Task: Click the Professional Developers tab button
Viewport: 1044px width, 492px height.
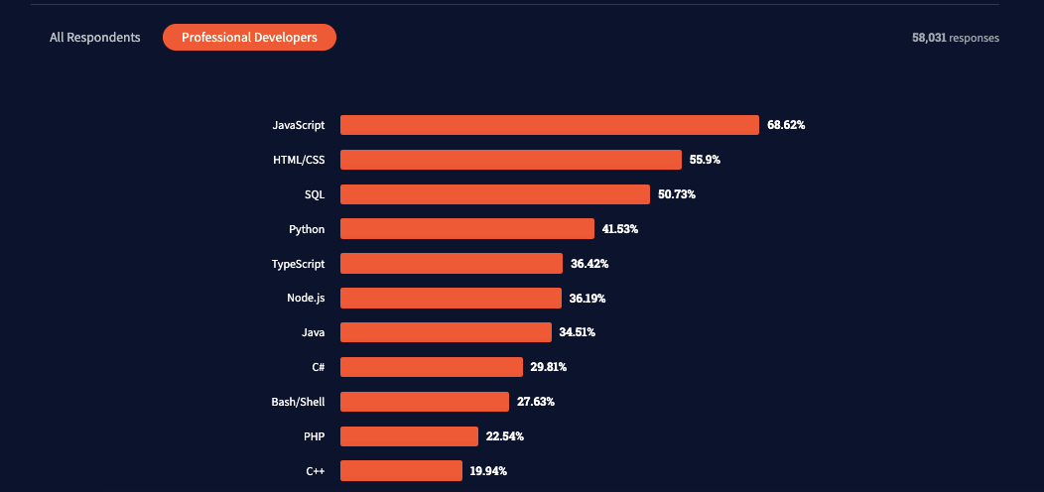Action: click(x=249, y=38)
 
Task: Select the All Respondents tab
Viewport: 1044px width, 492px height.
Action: click(x=95, y=38)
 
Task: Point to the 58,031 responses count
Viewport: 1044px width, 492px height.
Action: click(x=955, y=38)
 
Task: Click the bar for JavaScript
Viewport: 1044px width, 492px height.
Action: click(x=550, y=125)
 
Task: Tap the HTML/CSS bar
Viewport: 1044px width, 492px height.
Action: click(x=511, y=160)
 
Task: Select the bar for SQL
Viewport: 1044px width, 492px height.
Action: click(x=495, y=194)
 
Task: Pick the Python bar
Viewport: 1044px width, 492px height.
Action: click(x=467, y=229)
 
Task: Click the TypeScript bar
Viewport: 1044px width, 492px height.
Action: click(x=452, y=264)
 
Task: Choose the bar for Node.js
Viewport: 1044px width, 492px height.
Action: click(x=451, y=298)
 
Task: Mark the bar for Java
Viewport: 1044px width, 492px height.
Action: click(x=446, y=332)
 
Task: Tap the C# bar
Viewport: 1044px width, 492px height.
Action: click(x=432, y=367)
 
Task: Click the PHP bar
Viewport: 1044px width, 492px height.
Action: click(x=409, y=436)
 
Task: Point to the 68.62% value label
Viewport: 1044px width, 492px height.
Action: click(x=786, y=125)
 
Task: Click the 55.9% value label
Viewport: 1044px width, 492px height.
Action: click(x=706, y=160)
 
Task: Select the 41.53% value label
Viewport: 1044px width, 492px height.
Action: click(x=619, y=229)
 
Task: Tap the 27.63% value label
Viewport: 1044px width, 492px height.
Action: click(x=536, y=402)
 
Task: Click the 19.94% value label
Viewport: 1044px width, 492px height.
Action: click(x=488, y=471)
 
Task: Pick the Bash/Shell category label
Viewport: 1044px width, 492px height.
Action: click(x=298, y=402)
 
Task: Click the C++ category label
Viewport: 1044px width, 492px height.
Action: click(x=316, y=471)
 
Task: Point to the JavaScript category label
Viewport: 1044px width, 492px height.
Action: click(x=299, y=125)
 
